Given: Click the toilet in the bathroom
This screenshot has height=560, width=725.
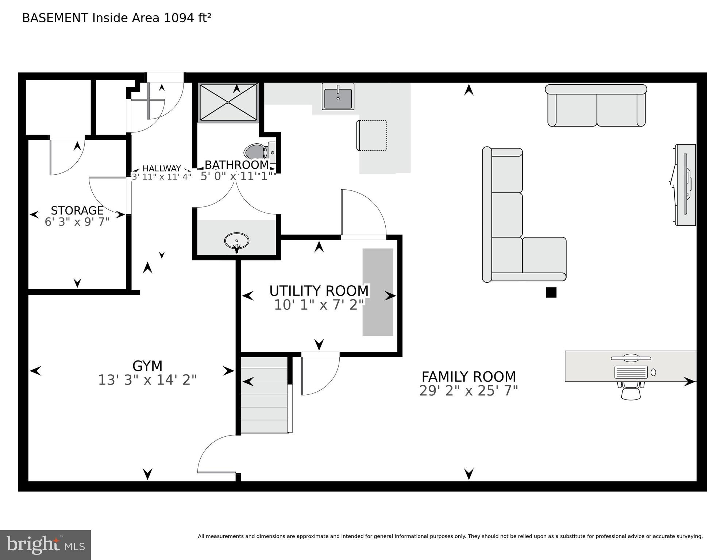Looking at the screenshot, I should pos(256,152).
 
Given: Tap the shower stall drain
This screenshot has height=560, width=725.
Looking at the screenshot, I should pos(228,103).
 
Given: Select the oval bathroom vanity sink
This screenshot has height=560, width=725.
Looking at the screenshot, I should pos(237,241).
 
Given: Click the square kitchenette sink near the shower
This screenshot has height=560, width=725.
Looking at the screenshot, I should pos(338,97).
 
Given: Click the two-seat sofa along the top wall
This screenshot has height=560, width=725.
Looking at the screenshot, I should pos(596,106).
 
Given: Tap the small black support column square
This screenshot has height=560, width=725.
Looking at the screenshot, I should pos(551,293).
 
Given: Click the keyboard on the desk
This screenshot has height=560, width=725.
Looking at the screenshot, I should pos(631,372).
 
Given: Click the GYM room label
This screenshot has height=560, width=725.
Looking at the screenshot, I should pos(147,366).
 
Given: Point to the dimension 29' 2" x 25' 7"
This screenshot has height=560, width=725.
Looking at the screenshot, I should pos(468,391).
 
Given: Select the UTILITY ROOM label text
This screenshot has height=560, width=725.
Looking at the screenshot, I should pos(319,291).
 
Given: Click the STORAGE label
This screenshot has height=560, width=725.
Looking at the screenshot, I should pos(77,211).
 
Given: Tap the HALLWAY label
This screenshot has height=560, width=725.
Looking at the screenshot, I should pos(162,168).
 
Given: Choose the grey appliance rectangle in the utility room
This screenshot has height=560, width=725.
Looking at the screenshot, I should pos(378,292).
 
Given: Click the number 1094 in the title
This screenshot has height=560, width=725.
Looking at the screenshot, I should pos(179,18).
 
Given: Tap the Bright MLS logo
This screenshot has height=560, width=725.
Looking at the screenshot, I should pos(45,545).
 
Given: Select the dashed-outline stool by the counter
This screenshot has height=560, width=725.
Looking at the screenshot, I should pos(372,135).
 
